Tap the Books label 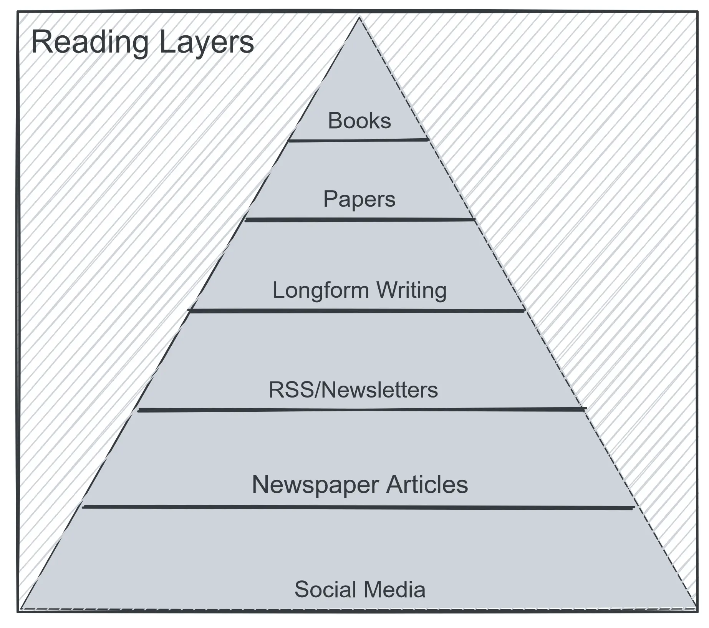pyautogui.click(x=359, y=121)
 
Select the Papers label pyautogui.click(x=359, y=199)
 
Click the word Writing pyautogui.click(x=411, y=290)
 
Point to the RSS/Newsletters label pyautogui.click(x=353, y=390)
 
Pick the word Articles pyautogui.click(x=427, y=484)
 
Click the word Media pyautogui.click(x=395, y=590)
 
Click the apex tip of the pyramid pyautogui.click(x=359, y=18)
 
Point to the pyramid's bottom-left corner pyautogui.click(x=22, y=608)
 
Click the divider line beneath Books pyautogui.click(x=358, y=141)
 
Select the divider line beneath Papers pyautogui.click(x=359, y=220)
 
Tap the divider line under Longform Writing pyautogui.click(x=356, y=310)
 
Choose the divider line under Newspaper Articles pyautogui.click(x=358, y=507)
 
